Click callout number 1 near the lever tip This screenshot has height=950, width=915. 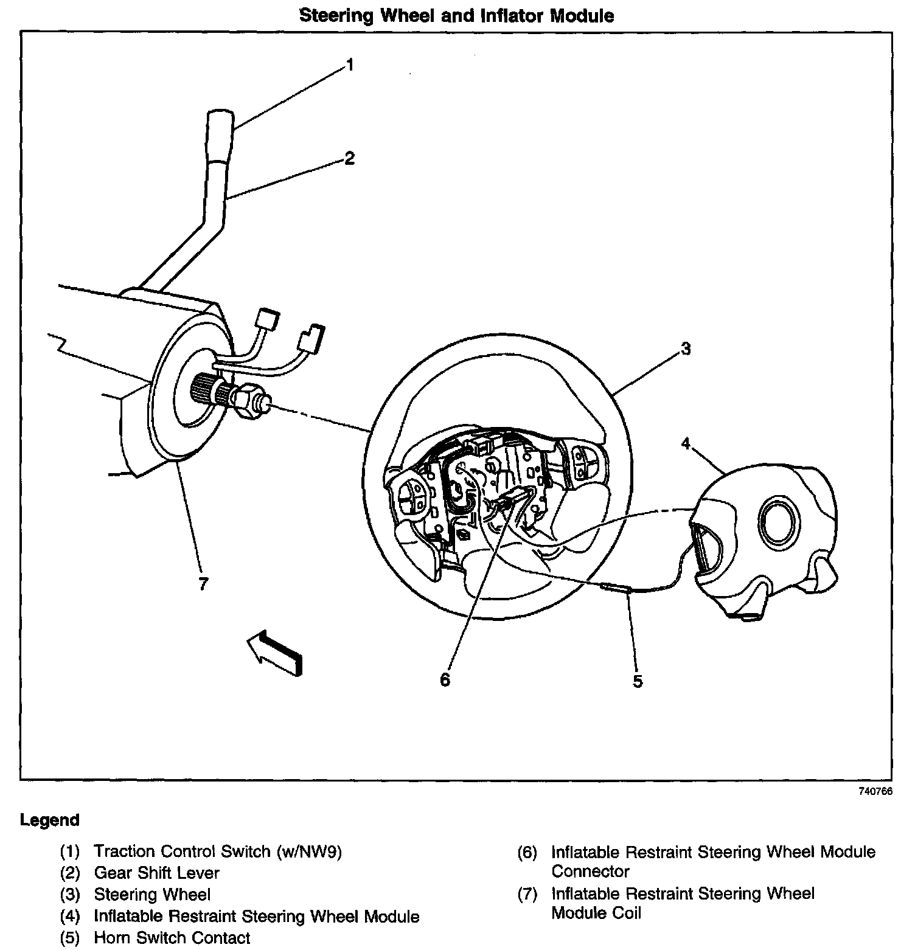[x=350, y=64]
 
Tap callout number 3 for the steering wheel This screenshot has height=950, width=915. [x=686, y=348]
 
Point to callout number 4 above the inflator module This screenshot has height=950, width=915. [x=686, y=444]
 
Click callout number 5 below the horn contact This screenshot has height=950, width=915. [x=637, y=681]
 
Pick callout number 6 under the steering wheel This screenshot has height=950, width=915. [x=445, y=679]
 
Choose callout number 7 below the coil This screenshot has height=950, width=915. [x=203, y=584]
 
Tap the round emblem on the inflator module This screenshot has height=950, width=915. [x=779, y=519]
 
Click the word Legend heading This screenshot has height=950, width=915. [x=50, y=820]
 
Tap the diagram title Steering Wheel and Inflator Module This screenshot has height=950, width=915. [x=457, y=16]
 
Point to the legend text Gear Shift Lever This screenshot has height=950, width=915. [x=156, y=873]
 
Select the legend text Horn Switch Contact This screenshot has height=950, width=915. [x=172, y=938]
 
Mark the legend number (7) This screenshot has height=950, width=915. [x=527, y=894]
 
